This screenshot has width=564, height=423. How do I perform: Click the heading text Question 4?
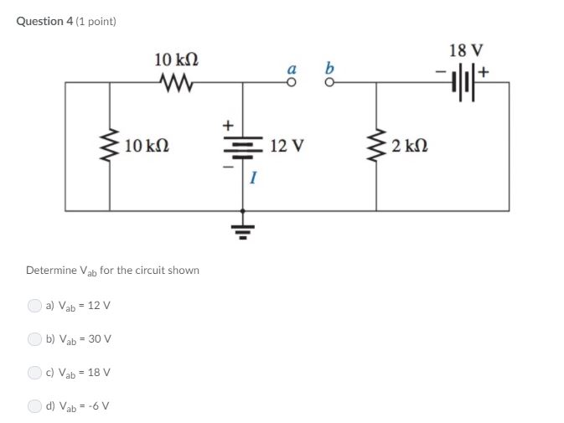(x=44, y=21)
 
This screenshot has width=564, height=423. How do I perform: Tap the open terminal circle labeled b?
(x=329, y=82)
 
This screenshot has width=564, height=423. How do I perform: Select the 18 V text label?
(x=465, y=50)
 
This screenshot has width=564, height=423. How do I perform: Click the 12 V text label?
(x=287, y=147)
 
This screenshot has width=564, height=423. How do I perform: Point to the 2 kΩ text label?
(x=410, y=147)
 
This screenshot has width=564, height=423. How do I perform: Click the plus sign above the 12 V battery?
(x=225, y=123)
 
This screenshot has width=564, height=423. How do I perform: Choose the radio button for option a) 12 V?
(x=34, y=305)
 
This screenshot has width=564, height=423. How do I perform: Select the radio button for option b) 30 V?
(x=34, y=338)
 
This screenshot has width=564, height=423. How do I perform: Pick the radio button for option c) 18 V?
(x=34, y=372)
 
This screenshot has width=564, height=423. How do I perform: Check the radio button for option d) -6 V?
(x=34, y=405)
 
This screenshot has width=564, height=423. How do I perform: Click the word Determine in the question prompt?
(x=51, y=271)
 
